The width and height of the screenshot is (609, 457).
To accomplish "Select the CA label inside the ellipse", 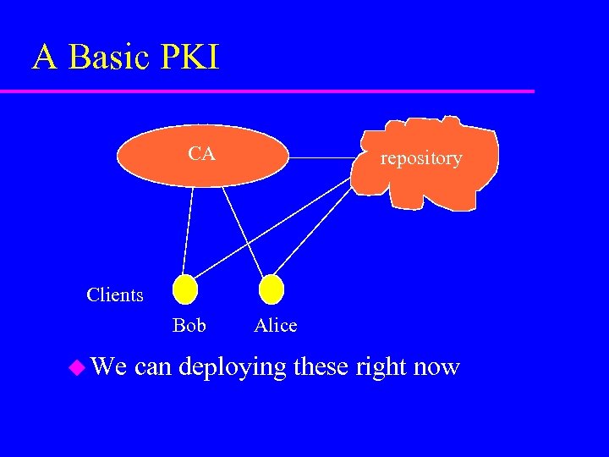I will tap(201, 154).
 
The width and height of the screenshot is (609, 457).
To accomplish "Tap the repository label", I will tap(421, 158).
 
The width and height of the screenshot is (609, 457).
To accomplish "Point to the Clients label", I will tap(115, 295).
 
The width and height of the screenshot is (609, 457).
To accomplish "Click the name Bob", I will tap(189, 325).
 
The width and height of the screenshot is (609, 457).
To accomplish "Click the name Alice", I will tap(276, 325).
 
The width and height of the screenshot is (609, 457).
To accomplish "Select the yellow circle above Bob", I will tap(184, 290).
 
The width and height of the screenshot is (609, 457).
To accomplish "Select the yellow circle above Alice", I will tap(271, 290).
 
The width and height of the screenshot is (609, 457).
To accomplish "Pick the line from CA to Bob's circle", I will tap(188, 228).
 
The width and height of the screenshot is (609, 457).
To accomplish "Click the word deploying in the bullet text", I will tap(233, 368).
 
